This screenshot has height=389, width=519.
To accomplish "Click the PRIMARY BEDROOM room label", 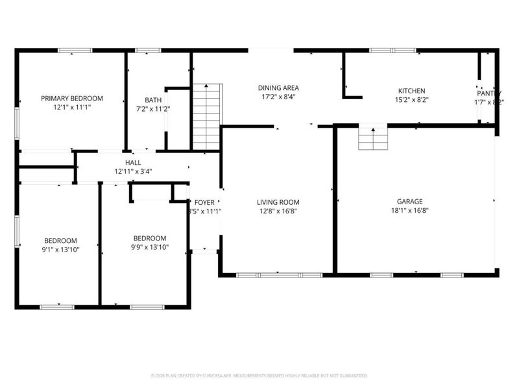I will coord(71,99).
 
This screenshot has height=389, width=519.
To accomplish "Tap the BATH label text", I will coord(154,100).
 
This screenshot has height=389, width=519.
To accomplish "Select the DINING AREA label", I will coord(278,88).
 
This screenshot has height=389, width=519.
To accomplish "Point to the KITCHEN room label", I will coord(412,91).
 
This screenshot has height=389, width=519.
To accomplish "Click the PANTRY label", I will coord(488,92).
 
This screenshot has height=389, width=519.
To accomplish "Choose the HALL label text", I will coord(133,163).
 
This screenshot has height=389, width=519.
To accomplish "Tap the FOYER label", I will coord(204,202).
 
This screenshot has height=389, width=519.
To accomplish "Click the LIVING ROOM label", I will coord(278,201).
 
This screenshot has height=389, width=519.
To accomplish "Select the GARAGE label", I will coord(411,201).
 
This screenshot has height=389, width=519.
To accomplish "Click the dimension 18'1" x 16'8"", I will coord(411,211).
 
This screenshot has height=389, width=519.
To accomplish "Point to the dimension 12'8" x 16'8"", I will coord(278,211).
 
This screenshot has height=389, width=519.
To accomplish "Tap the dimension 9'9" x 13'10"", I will coord(150,247).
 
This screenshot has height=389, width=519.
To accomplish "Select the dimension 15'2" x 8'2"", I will coord(412,100).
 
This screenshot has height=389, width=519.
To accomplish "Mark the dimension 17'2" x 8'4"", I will coord(278,97).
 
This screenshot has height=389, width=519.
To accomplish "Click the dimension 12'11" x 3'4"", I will coord(133,172).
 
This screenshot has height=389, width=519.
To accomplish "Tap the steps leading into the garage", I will coord(373,137).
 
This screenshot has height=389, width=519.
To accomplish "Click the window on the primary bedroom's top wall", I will coord(75,51).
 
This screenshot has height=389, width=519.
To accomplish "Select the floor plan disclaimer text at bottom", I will coord(259,375).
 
